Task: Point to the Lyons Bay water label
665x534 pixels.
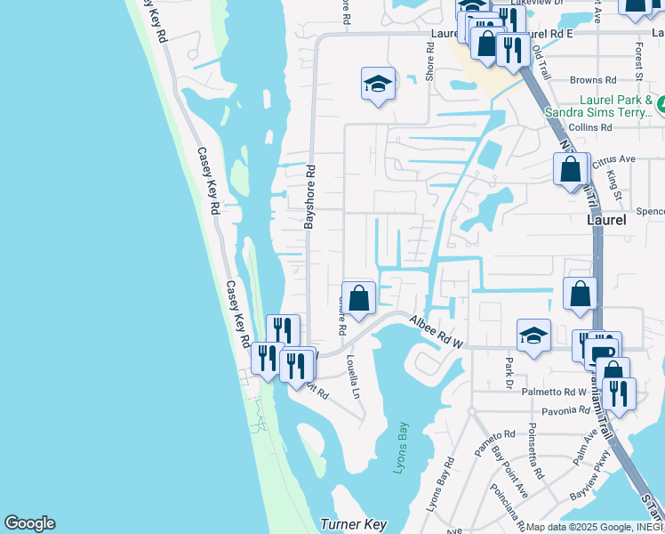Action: [x=401, y=447]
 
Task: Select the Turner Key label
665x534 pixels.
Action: [x=353, y=525]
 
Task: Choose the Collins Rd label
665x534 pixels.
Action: [x=590, y=127]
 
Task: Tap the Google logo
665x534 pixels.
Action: [x=29, y=523]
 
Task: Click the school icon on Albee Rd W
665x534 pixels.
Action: [x=533, y=336]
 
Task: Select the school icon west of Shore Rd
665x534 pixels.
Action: [x=379, y=85]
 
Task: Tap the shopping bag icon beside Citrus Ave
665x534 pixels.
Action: [x=571, y=169]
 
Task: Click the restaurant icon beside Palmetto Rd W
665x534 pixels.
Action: [x=619, y=392]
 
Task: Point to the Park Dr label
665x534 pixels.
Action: [x=509, y=368]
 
